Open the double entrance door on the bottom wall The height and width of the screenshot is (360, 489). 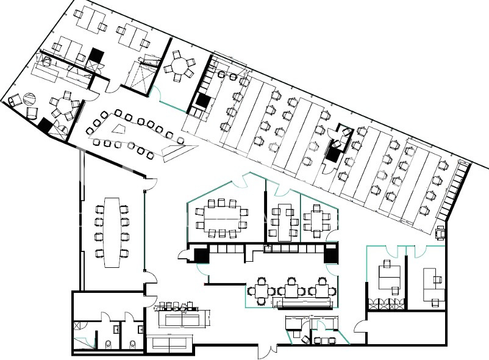266,350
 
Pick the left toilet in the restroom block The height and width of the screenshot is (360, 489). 108,344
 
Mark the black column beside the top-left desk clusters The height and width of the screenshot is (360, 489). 95,56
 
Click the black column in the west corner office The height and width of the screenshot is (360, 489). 45,124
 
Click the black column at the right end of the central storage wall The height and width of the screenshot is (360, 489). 331,253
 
